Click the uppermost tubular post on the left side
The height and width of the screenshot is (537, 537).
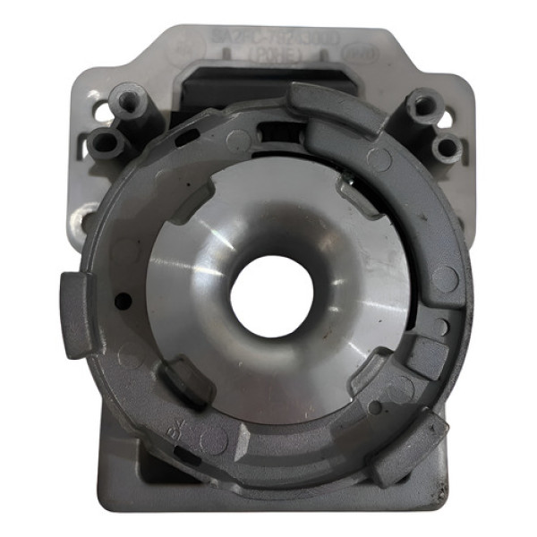point(128,98)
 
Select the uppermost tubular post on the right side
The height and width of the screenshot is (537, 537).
point(420,106)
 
